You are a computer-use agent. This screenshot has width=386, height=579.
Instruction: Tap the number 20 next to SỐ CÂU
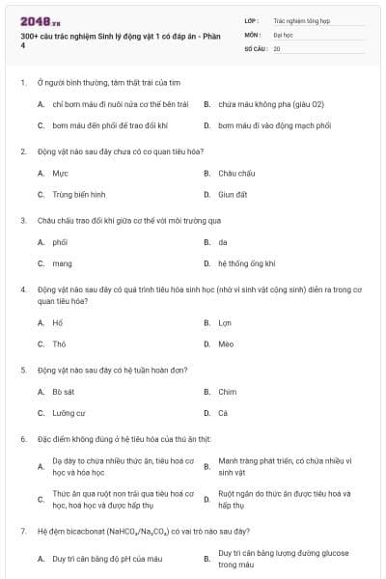277,47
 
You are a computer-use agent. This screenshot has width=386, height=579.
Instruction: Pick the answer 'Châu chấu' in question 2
236,174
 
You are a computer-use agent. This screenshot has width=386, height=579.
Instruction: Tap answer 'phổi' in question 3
60,242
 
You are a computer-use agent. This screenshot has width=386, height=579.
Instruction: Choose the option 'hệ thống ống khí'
247,262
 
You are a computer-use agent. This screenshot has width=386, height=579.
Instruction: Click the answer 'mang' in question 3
62,262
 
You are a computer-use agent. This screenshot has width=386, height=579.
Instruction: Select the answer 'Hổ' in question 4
58,322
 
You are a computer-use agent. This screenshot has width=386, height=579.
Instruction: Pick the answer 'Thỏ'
59,343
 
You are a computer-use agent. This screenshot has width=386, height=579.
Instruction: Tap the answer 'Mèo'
226,343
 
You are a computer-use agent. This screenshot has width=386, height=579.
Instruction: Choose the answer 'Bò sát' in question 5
64,392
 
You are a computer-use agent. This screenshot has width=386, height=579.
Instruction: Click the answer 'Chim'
227,392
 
